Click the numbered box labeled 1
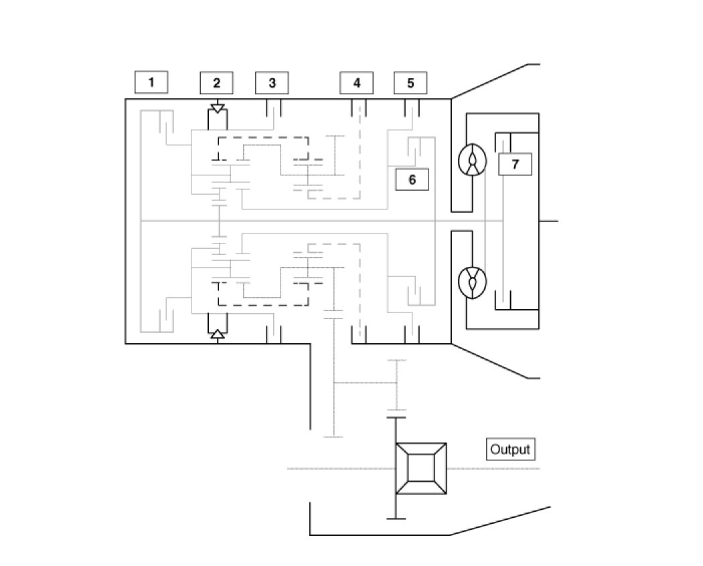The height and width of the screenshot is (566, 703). click(151, 82)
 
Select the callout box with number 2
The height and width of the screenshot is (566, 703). click(216, 83)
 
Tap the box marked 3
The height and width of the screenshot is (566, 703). click(272, 83)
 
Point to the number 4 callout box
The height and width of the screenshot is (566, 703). click(356, 83)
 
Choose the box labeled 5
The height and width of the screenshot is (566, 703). click(410, 83)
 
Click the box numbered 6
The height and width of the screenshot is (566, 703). click(412, 179)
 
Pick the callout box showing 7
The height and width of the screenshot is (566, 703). click(515, 164)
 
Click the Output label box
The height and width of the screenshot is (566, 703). click(510, 449)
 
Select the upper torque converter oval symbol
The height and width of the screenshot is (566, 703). click(473, 161)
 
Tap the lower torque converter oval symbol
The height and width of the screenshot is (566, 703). click(473, 282)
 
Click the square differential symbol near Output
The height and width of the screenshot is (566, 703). click(420, 468)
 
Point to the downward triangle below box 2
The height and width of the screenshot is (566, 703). click(217, 108)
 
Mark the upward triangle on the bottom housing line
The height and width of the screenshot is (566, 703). click(217, 335)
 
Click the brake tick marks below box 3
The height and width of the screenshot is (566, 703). click(273, 108)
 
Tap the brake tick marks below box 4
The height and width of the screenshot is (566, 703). click(358, 108)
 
